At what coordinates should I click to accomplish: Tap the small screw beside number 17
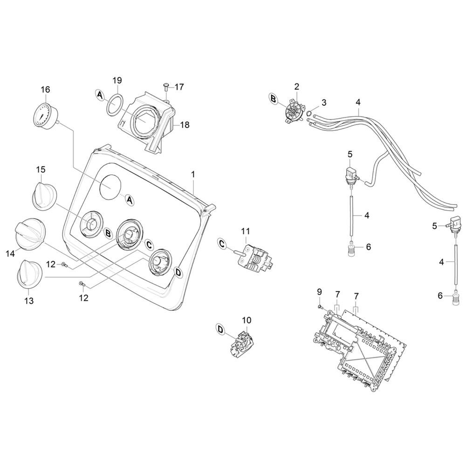[x=166, y=87]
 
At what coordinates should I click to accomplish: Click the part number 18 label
[x=185, y=124]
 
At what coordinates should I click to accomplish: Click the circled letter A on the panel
[x=129, y=200]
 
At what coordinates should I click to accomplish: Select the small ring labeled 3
[x=309, y=113]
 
